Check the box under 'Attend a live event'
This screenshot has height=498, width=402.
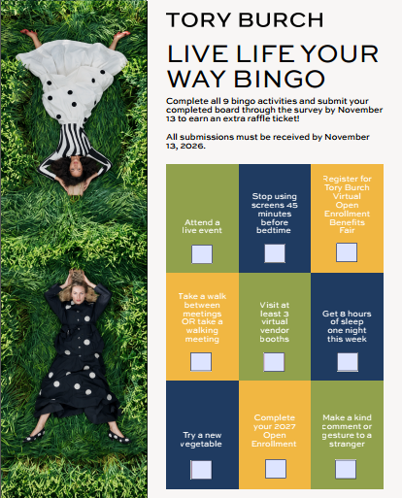pos(202,254)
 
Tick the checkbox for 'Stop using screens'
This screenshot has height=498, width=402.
pos(275,253)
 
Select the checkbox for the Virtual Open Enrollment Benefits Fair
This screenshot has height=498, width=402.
pos(347,252)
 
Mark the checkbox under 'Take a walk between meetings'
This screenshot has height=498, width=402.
pos(201,361)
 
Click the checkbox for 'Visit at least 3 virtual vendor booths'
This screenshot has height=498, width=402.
pos(274,362)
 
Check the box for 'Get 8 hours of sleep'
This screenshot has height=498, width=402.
pos(348,362)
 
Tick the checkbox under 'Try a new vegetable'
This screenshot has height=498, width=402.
pos(201,470)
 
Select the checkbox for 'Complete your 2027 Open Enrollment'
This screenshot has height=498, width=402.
pos(276,469)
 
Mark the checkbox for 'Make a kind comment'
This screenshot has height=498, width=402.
pos(346,469)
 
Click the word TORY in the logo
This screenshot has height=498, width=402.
pos(198,19)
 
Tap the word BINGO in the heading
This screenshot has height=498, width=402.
pos(279,79)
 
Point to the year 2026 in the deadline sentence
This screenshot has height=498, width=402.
pos(192,146)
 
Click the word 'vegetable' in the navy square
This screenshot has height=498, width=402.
pos(201,444)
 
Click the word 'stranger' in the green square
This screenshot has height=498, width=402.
pos(347,444)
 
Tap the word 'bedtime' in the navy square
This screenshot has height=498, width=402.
pos(274,230)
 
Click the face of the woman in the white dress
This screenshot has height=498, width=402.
pos(76,171)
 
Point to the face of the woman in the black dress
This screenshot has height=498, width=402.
pos(78,294)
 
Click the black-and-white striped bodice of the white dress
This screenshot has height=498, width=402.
pos(73,141)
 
